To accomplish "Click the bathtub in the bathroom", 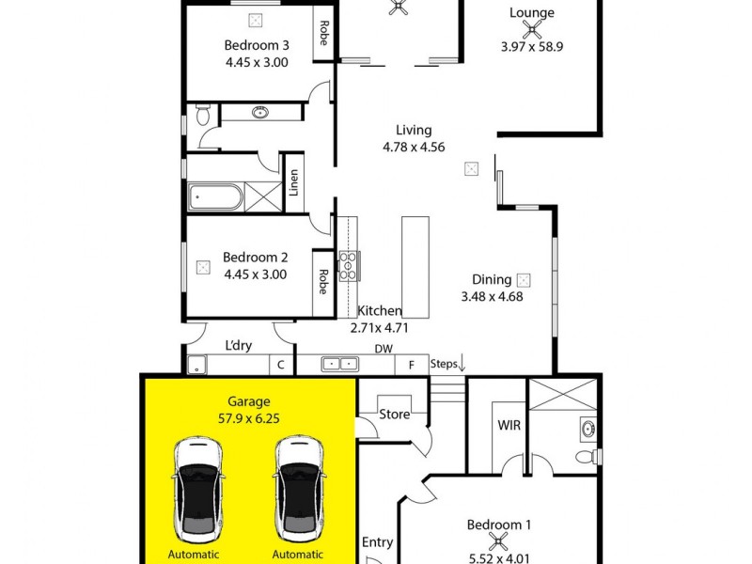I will click(216, 198).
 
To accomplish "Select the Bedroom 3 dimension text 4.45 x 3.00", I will click(256, 62).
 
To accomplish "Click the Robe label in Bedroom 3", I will click(323, 34).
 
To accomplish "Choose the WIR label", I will click(509, 425).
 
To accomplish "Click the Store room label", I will click(394, 414).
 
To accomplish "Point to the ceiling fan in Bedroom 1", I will click(500, 540).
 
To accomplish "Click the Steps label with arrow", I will click(447, 364).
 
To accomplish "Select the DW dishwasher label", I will click(382, 348).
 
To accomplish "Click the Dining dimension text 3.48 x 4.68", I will click(492, 296).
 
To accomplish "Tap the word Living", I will click(414, 130).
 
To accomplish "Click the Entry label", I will click(378, 542).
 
